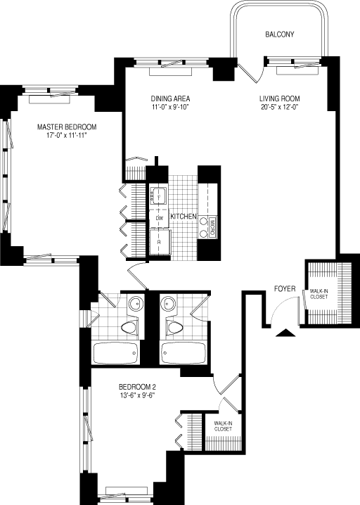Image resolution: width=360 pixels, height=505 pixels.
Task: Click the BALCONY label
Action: point(279,34)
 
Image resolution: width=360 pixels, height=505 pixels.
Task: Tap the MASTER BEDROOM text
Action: point(67,127)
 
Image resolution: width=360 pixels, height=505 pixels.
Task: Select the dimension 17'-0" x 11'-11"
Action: point(67,136)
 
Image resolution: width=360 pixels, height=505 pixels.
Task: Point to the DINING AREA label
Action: point(171,98)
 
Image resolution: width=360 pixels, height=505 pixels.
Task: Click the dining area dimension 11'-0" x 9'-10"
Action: point(171,108)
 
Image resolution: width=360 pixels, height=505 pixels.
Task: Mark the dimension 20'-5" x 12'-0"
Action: point(280,108)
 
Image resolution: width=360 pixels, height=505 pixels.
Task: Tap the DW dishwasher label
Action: point(159,218)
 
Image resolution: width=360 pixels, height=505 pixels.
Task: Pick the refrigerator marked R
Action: point(159,241)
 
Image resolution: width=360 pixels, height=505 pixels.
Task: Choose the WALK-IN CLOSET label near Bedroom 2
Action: point(223,426)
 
